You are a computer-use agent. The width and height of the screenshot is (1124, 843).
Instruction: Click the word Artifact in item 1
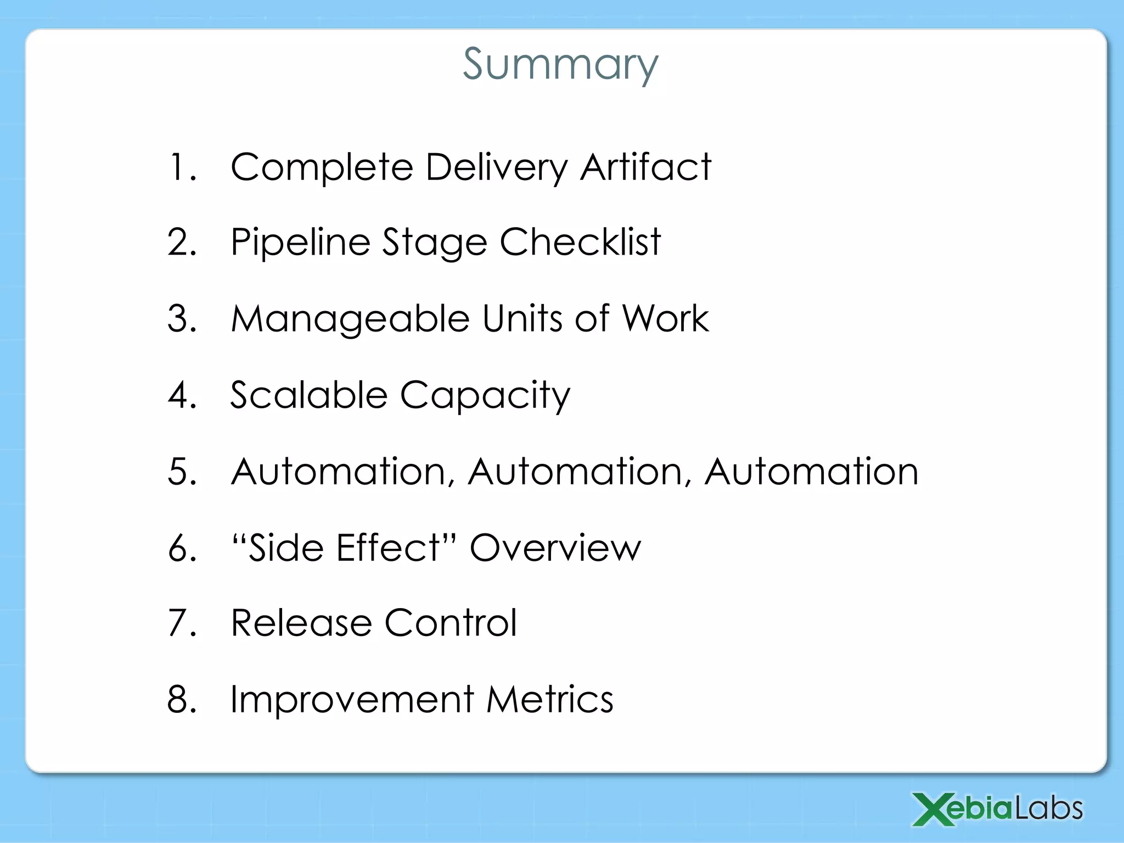645,167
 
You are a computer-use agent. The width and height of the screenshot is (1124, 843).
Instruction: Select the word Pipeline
300,243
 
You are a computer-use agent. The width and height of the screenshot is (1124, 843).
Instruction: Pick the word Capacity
485,396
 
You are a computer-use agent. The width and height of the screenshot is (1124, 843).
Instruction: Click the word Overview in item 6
555,548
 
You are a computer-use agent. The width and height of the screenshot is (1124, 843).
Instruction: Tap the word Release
301,623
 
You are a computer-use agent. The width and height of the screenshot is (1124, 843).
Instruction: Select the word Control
451,623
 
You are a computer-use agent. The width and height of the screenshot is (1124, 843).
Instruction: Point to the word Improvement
352,699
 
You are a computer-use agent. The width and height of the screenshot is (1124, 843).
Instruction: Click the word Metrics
550,699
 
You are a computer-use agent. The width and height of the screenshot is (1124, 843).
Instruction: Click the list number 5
181,471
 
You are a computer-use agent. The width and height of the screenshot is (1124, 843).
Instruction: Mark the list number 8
181,699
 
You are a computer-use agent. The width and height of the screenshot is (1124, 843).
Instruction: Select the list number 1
181,167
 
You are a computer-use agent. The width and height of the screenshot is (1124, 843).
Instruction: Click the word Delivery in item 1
496,167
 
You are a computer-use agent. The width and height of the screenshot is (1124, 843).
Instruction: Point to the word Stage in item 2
435,243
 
